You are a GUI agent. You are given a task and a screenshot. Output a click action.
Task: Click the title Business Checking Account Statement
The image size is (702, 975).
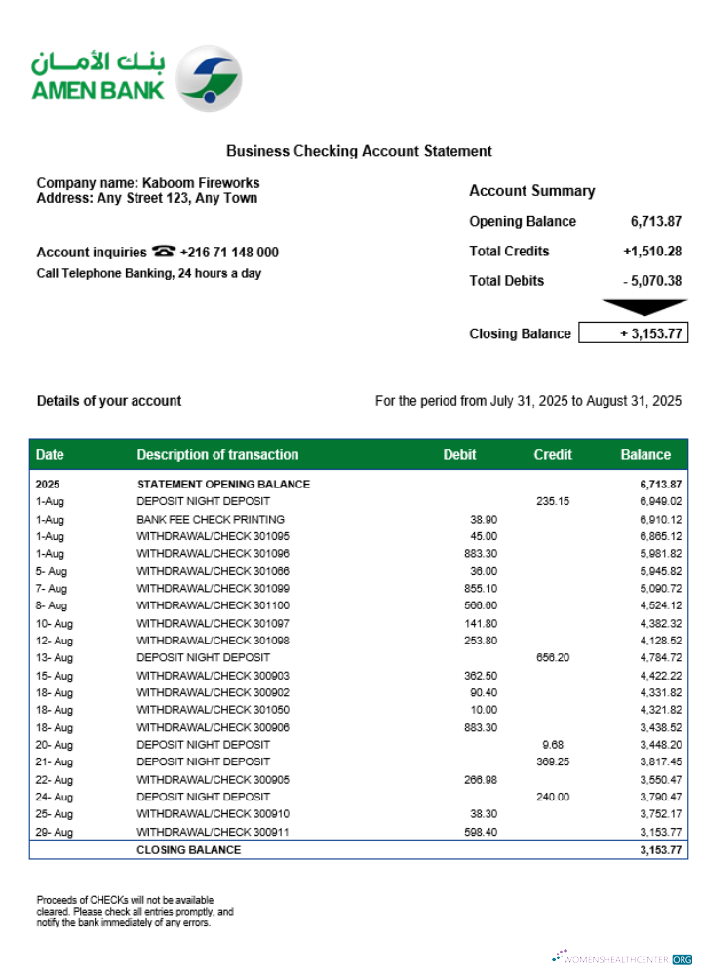359,151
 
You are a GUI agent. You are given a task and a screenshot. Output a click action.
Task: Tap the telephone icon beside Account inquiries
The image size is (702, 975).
163,252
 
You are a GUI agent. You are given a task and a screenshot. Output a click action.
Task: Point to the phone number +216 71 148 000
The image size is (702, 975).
229,253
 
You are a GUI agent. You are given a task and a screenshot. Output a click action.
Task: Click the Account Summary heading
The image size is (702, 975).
531,191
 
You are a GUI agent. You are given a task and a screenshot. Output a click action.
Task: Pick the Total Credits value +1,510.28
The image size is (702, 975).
652,252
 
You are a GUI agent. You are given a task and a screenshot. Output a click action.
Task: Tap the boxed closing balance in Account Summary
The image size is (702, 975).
634,333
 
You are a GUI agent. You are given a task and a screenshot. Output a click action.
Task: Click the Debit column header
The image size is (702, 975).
459,454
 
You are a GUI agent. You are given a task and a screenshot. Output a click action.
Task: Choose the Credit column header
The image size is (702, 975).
553,454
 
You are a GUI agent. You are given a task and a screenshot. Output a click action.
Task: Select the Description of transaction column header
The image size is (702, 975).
217,454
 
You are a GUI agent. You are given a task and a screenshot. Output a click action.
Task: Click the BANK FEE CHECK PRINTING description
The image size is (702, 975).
211,520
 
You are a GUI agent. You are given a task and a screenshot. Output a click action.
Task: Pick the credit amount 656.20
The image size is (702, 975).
553,658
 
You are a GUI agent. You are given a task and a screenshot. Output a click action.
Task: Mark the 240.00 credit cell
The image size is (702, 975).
553,797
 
